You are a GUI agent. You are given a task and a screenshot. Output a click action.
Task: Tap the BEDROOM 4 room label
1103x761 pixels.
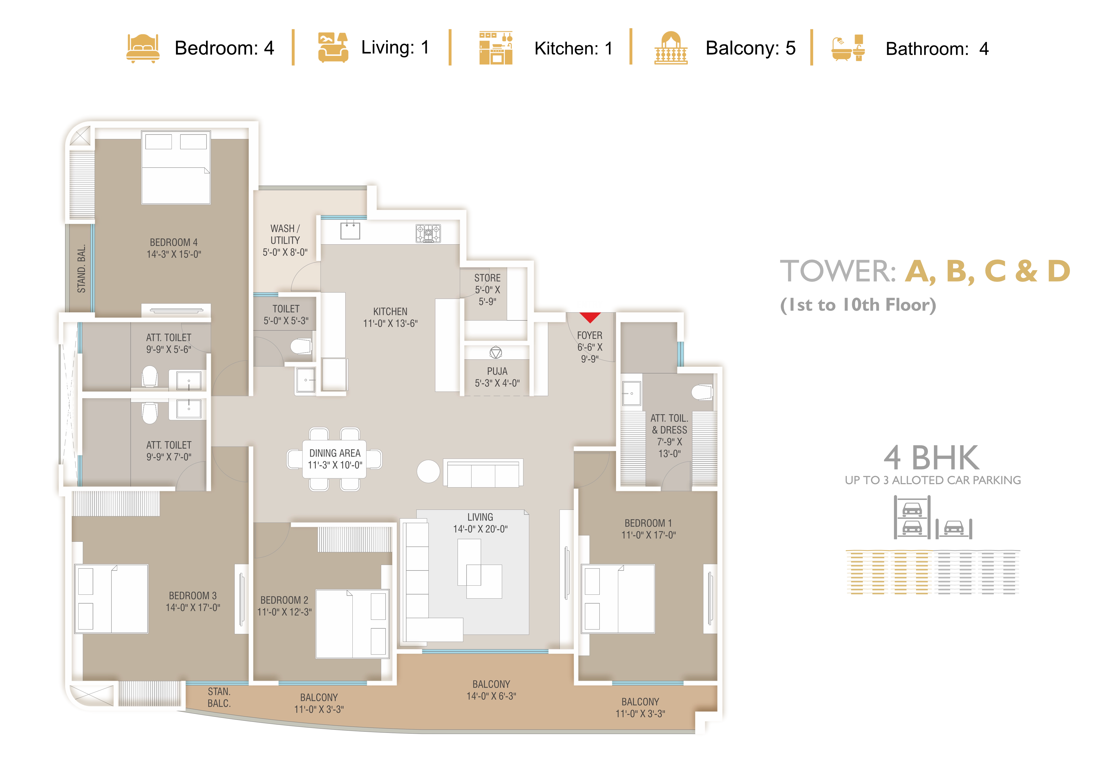173,248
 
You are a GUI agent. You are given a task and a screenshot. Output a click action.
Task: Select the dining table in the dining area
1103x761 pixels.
334,459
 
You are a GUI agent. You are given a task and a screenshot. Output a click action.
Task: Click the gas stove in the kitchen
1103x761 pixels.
428,234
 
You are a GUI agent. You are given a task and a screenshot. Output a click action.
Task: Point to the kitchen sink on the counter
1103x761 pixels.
350,231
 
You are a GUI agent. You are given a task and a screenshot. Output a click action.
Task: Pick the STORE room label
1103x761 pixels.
487,290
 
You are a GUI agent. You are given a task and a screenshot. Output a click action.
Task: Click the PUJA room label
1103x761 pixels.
497,377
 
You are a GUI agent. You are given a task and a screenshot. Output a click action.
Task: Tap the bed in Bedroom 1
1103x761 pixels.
618,599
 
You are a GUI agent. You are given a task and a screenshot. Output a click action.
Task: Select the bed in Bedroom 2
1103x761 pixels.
352,624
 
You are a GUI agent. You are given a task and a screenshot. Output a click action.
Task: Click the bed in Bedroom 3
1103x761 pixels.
111,599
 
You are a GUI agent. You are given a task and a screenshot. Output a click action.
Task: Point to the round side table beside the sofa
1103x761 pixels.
428,471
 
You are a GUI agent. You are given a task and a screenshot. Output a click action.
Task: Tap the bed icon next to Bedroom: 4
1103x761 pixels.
143,48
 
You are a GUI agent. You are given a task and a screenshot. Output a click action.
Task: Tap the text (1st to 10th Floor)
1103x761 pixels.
858,305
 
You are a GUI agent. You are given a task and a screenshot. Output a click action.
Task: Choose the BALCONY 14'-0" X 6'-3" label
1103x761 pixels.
491,690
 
